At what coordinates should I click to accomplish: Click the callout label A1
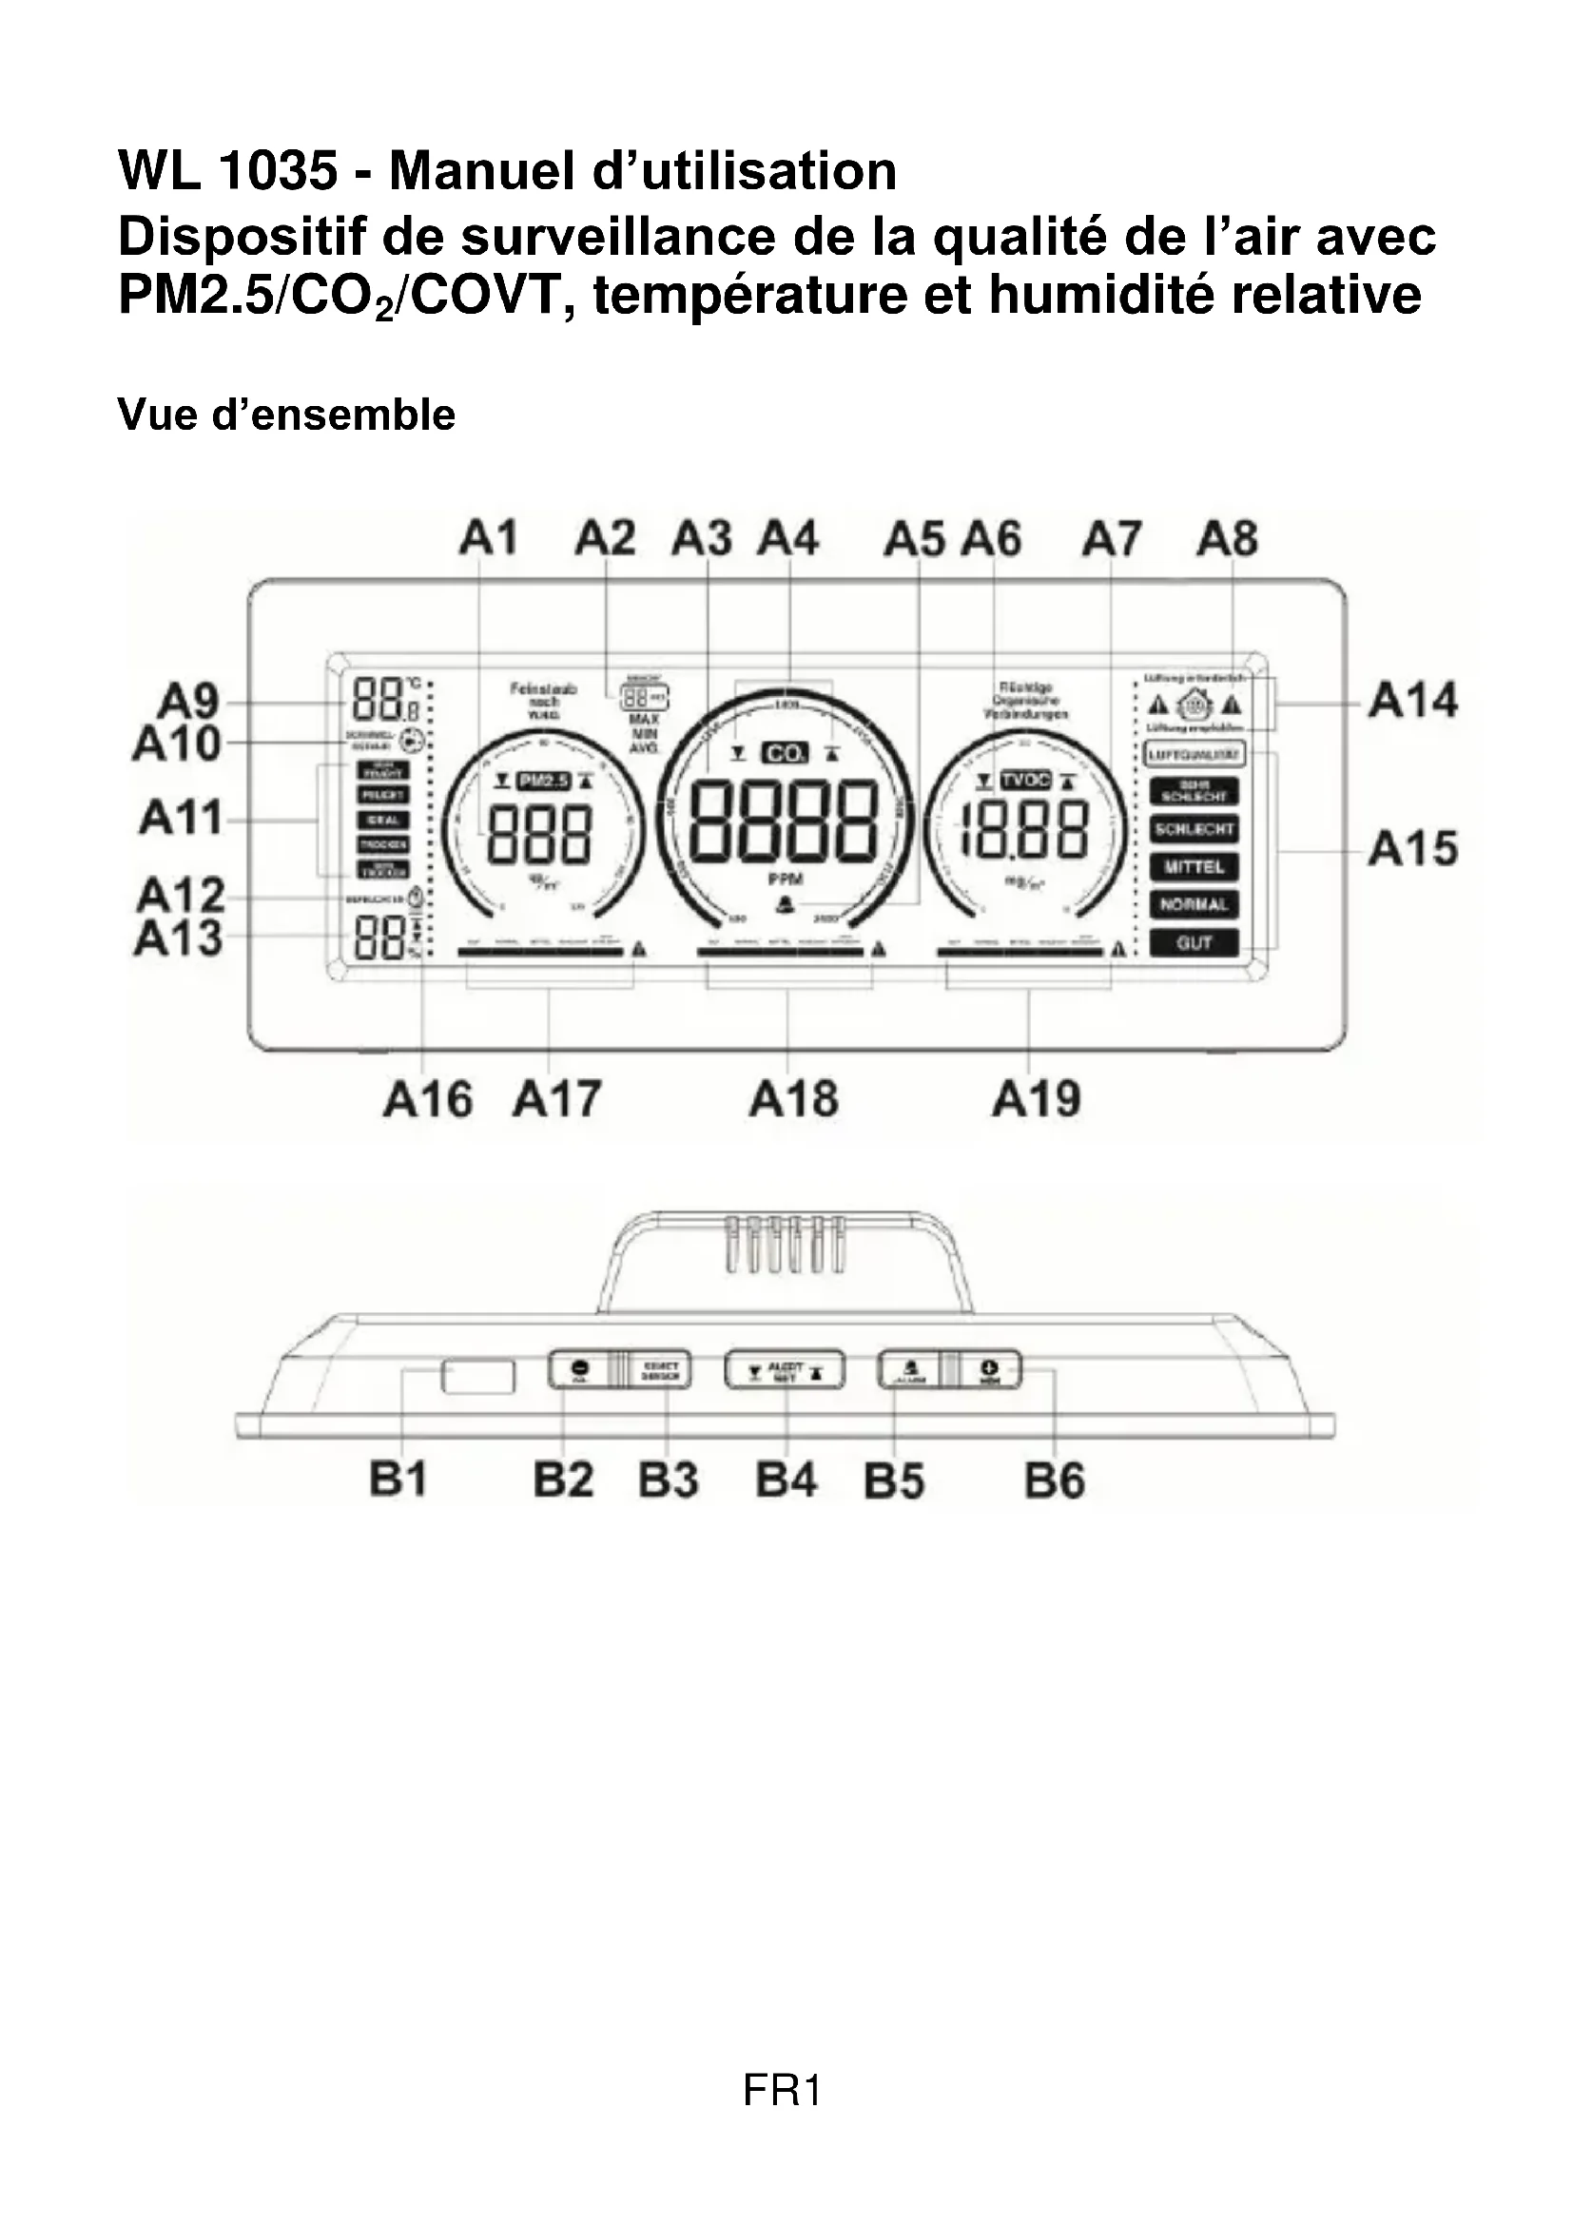coord(487,538)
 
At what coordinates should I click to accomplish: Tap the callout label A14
coord(1412,701)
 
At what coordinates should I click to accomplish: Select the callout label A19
coord(1036,1099)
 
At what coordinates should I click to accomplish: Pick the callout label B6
coord(1055,1481)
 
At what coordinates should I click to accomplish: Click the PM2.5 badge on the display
coord(543,781)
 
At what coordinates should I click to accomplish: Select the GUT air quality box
coord(1194,942)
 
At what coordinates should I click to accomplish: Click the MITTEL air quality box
coord(1194,867)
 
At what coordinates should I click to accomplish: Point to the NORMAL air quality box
coord(1194,904)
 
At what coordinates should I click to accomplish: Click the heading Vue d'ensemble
coord(286,416)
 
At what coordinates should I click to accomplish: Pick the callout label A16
coord(427,1099)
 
